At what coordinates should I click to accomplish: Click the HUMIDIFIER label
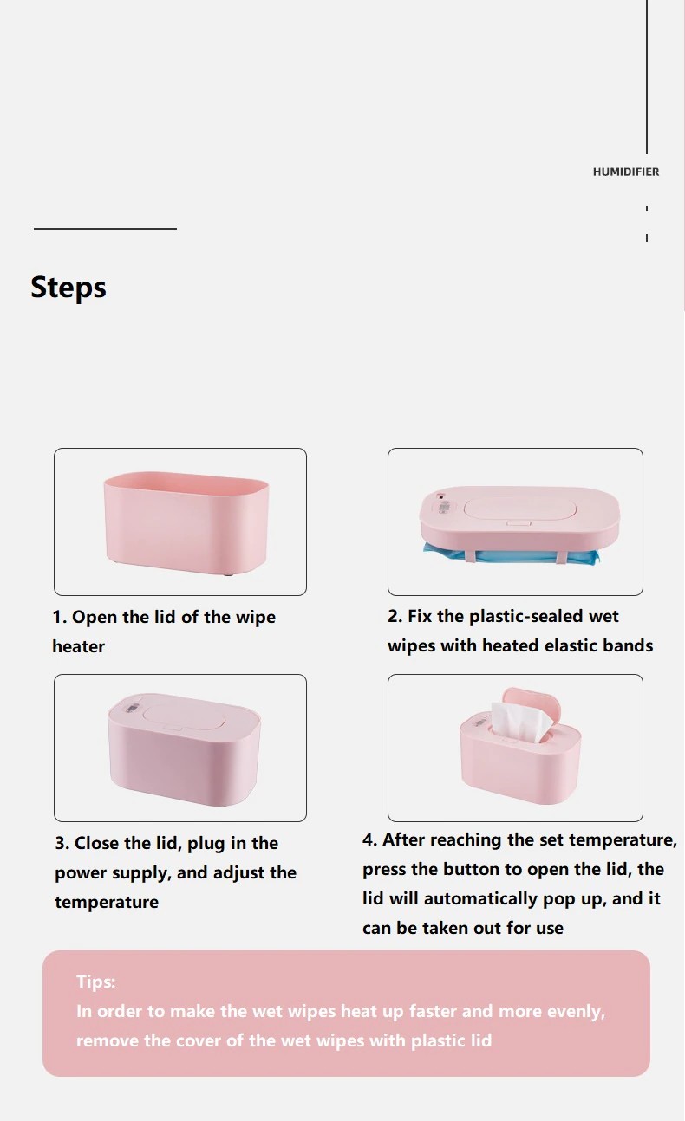(x=626, y=172)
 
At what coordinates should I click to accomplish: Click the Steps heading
(x=68, y=288)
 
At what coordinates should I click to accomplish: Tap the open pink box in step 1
(x=186, y=523)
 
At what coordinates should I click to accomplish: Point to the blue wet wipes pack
(x=511, y=554)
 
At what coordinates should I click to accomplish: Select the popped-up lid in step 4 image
(x=532, y=703)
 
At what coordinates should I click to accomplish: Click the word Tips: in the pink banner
(x=95, y=982)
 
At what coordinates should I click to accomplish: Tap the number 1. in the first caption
(x=60, y=617)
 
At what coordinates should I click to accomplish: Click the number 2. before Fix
(x=395, y=616)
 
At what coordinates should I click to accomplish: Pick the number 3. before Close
(x=62, y=843)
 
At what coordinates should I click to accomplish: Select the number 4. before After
(x=370, y=839)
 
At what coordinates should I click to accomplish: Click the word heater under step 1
(x=79, y=646)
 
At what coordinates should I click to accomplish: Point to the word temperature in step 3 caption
(x=107, y=903)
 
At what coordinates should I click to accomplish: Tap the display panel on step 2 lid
(x=444, y=509)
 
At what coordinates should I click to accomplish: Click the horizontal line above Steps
(x=105, y=230)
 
